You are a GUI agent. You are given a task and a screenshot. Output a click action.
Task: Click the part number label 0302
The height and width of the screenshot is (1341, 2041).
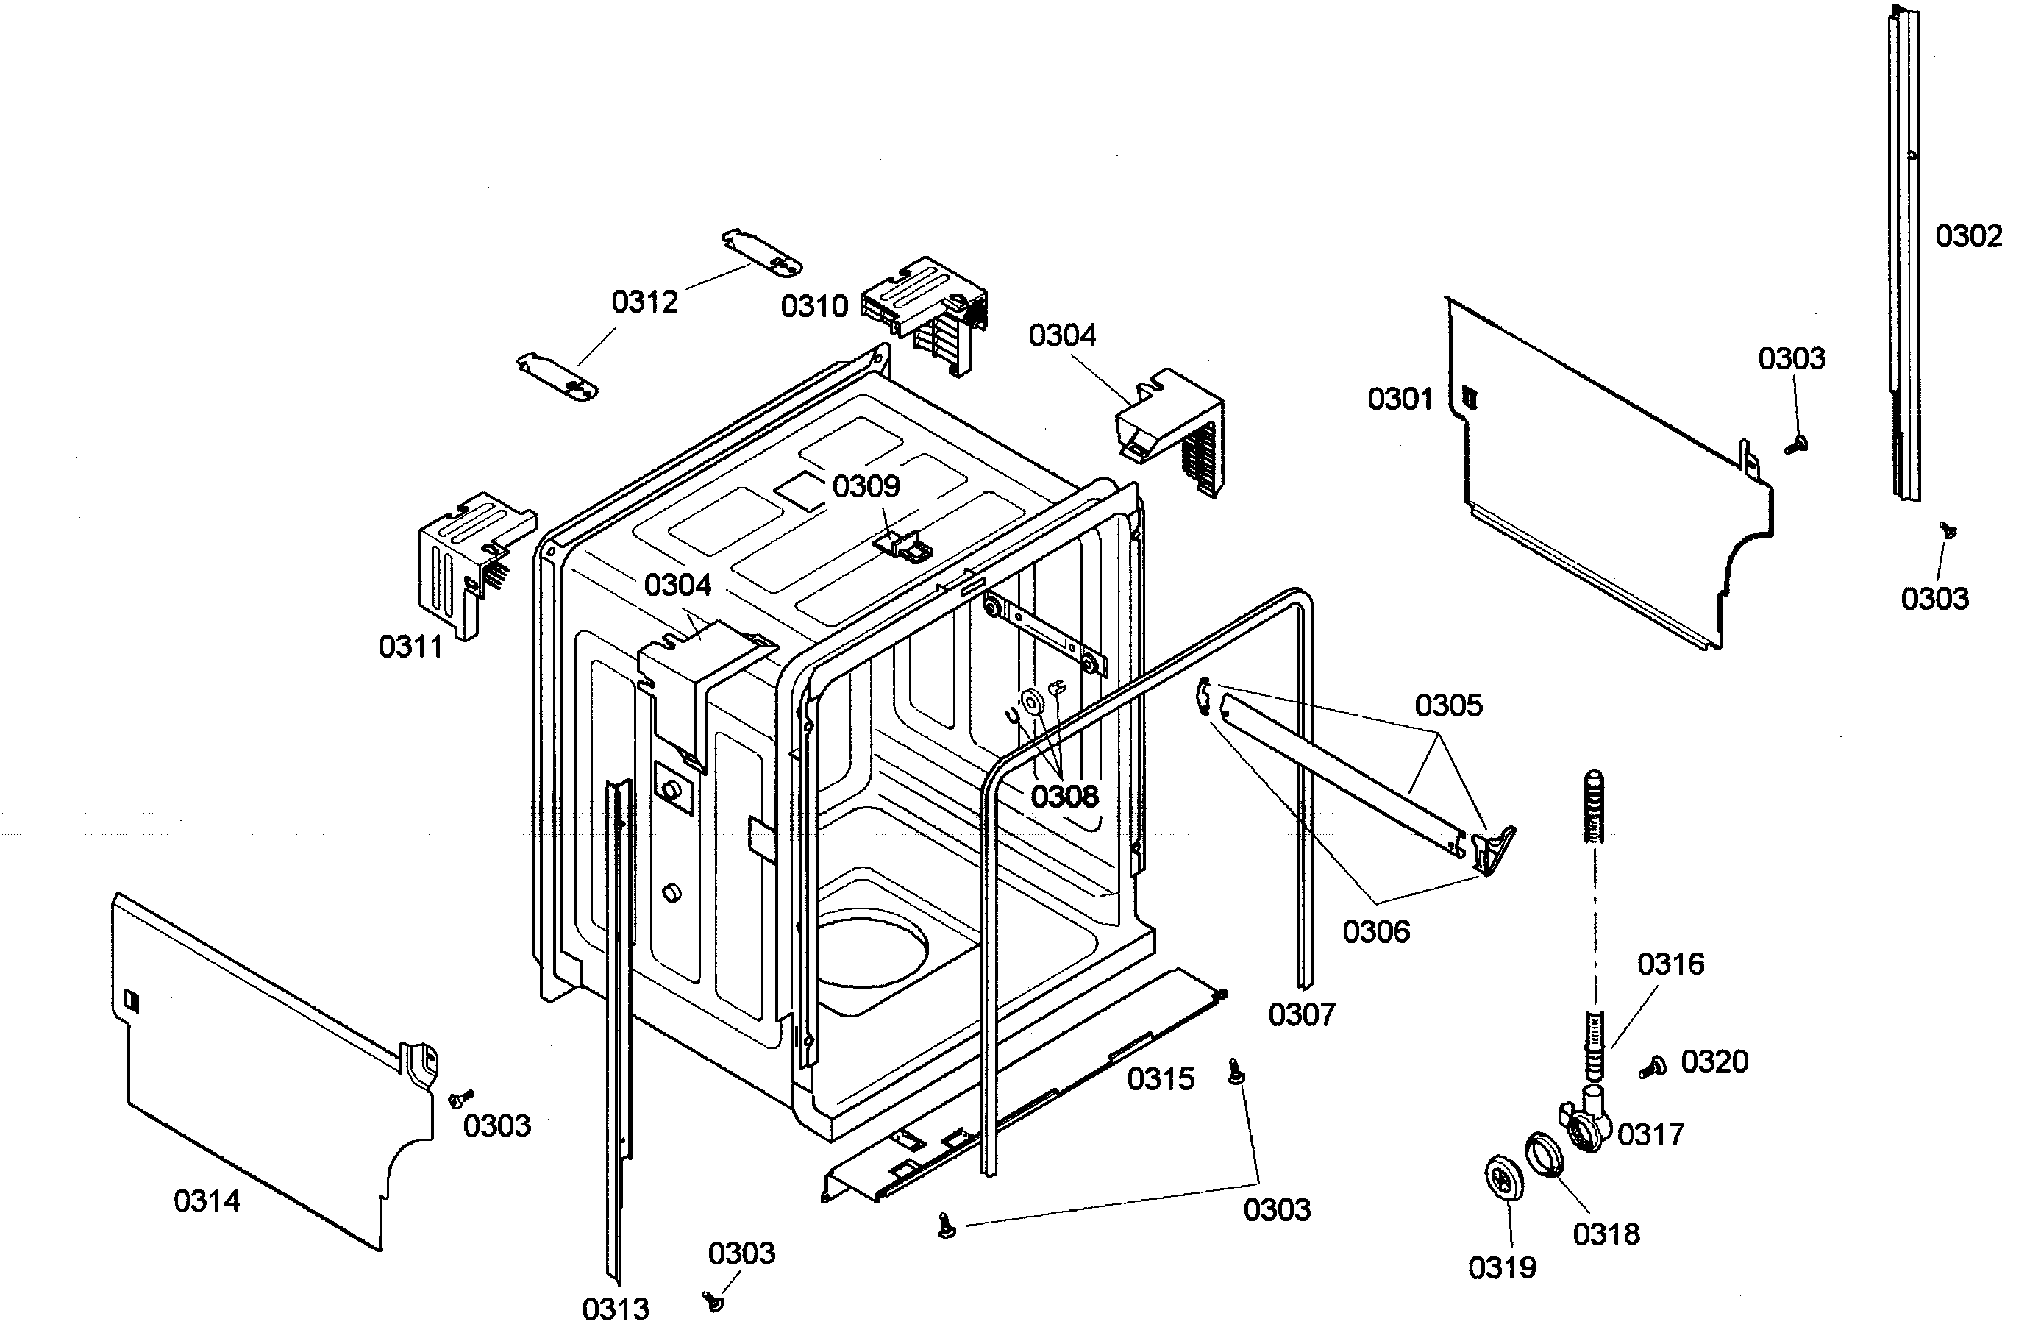[1968, 236]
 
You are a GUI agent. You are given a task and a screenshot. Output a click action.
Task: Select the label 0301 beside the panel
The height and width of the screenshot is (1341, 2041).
[1400, 399]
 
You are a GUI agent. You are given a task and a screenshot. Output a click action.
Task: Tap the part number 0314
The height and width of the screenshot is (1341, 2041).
[207, 1201]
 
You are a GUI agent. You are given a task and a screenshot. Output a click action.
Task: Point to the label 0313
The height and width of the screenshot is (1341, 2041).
[616, 1309]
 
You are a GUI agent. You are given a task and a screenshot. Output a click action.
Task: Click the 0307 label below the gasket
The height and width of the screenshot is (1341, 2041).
[1302, 1015]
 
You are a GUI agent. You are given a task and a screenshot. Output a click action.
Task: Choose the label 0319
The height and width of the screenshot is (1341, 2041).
[1503, 1267]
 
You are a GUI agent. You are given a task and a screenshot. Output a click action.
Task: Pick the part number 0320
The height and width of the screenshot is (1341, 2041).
[1714, 1061]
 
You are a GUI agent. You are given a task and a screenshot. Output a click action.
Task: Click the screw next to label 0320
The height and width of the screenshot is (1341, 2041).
[1652, 1067]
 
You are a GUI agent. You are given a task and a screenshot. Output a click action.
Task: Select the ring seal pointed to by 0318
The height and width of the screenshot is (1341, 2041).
[1544, 1155]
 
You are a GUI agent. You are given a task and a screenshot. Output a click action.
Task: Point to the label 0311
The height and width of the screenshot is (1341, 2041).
[410, 647]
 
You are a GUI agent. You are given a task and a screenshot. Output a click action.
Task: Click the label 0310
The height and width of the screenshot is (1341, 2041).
[814, 306]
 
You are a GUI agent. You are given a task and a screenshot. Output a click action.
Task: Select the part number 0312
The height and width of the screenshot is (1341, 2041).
[645, 302]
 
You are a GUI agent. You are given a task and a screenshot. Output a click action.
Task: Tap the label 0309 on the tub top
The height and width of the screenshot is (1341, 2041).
[866, 486]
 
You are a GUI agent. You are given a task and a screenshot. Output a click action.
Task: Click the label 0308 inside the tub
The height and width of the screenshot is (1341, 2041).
[1064, 797]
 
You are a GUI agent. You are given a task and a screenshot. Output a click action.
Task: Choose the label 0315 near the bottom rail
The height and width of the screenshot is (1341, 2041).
[1161, 1078]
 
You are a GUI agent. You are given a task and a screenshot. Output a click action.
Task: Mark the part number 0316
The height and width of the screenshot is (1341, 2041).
[1670, 964]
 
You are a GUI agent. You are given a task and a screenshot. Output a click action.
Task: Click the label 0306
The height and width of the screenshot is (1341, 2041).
[1375, 931]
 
